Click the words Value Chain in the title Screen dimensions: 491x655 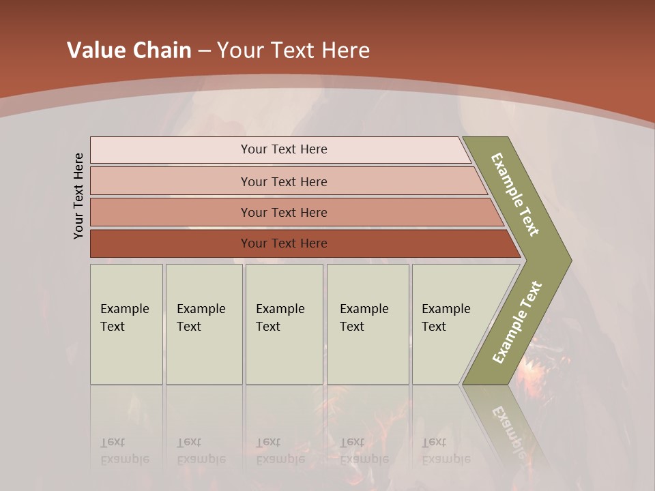point(129,50)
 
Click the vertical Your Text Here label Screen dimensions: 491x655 point(78,196)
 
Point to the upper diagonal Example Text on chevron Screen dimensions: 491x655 point(515,194)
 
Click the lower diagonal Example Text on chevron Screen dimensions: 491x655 point(516,323)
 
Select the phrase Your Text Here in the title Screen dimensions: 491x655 point(293,50)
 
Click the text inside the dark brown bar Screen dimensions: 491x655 point(284,243)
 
